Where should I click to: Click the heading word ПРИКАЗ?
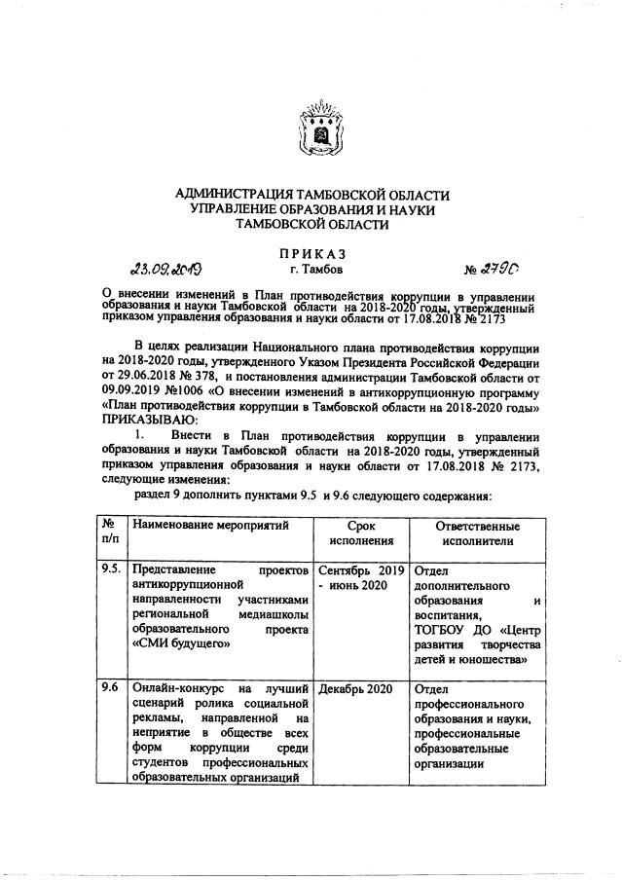[311, 251]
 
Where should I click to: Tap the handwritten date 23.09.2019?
[171, 270]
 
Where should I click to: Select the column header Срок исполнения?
[361, 532]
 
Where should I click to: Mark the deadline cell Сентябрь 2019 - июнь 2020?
[361, 577]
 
